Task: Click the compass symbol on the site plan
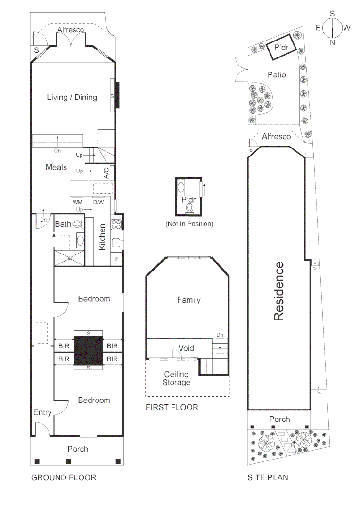pos(332,28)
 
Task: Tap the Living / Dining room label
pos(72,98)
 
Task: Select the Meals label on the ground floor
pos(56,167)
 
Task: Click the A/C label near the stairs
pos(106,173)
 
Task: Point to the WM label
pos(77,202)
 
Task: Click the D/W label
pos(98,202)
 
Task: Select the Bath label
pos(64,224)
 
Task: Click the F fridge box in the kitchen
pos(116,260)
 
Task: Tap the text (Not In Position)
pos(189,224)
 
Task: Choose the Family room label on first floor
pos(188,300)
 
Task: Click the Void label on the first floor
pos(186,348)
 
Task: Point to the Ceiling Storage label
pos(176,378)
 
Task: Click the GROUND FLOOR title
pos(64,477)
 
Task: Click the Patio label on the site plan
pos(277,74)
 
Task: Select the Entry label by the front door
pos(42,413)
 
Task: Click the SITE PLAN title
pos(268,477)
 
